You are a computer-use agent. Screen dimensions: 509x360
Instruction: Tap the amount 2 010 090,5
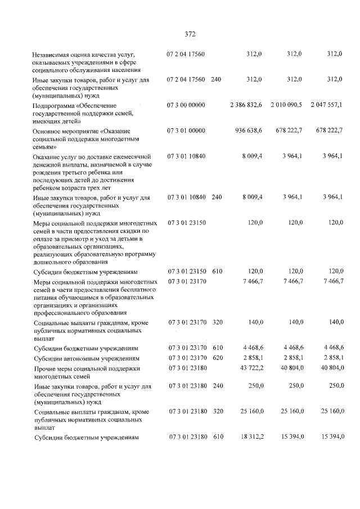(x=286, y=105)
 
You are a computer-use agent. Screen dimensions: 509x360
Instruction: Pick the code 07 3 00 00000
(x=186, y=105)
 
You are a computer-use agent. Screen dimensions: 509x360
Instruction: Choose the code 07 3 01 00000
(x=186, y=130)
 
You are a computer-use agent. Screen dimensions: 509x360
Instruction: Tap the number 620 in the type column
(x=218, y=358)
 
